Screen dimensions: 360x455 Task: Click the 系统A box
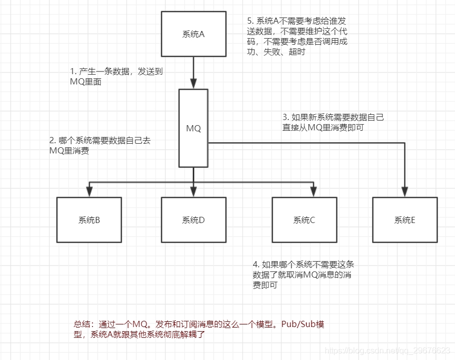click(194, 35)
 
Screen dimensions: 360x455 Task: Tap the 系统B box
click(89, 220)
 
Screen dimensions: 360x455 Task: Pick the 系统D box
click(194, 220)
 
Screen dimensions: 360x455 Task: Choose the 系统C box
click(305, 220)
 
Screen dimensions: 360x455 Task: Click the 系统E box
click(405, 220)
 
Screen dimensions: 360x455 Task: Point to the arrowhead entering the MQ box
click(194, 84)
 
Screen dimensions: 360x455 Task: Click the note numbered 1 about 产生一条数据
click(116, 76)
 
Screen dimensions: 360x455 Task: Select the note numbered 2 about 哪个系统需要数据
click(100, 146)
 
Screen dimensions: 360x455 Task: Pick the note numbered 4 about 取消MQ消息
click(304, 275)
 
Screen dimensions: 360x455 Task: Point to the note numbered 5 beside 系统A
click(297, 37)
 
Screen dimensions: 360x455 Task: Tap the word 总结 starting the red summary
click(81, 324)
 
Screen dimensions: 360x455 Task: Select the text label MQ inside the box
click(194, 128)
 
